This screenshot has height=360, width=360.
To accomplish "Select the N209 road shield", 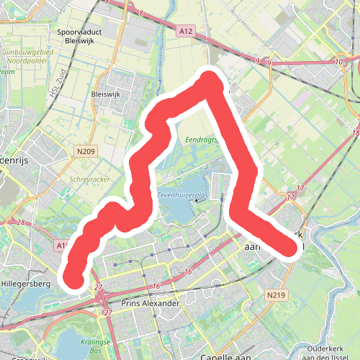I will point(85,151).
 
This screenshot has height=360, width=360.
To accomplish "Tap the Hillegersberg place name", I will point(24,284).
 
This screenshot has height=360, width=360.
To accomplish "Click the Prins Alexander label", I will point(150,304).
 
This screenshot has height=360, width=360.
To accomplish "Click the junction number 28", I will point(22,223).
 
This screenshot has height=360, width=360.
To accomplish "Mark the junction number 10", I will point(339,63).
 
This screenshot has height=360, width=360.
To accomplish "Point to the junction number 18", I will point(356,134).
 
